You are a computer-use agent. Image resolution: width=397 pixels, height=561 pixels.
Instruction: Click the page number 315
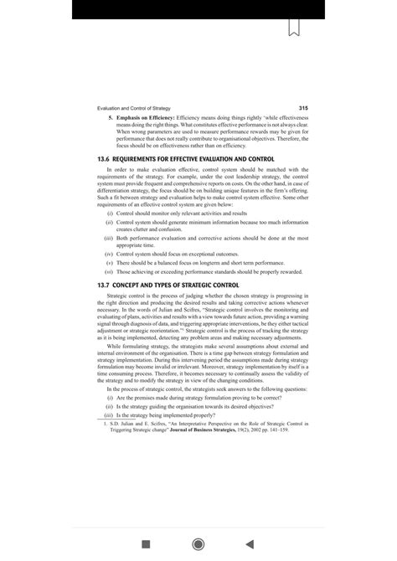click(303, 108)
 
